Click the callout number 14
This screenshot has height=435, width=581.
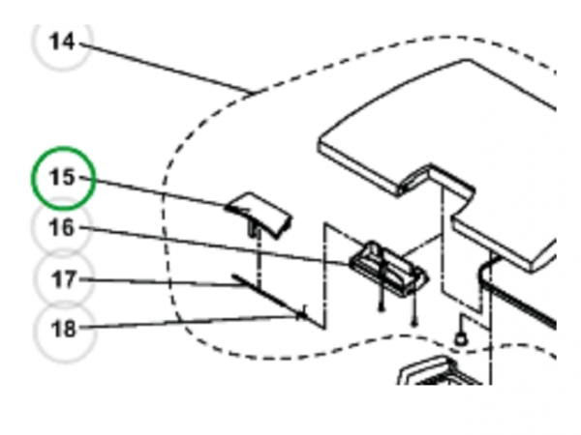coord(62,41)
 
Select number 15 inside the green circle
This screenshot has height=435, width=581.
coord(62,177)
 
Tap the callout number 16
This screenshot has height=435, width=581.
coord(62,227)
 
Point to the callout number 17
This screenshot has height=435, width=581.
coord(64,279)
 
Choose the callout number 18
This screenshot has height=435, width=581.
coord(64,328)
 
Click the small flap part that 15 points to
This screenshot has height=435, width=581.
coord(259,213)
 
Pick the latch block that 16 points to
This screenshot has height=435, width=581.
coord(388,269)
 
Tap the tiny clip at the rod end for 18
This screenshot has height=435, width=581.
coord(303,313)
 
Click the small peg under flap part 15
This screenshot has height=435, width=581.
coord(254,229)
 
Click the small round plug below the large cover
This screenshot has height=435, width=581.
coord(461,338)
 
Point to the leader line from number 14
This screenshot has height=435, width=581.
coord(166,68)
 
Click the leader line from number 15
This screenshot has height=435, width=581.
coord(153,191)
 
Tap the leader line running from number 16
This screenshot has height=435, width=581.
coord(214,246)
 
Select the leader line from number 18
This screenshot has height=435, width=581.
coord(189,321)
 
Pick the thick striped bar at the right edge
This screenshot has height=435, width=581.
coord(519,304)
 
